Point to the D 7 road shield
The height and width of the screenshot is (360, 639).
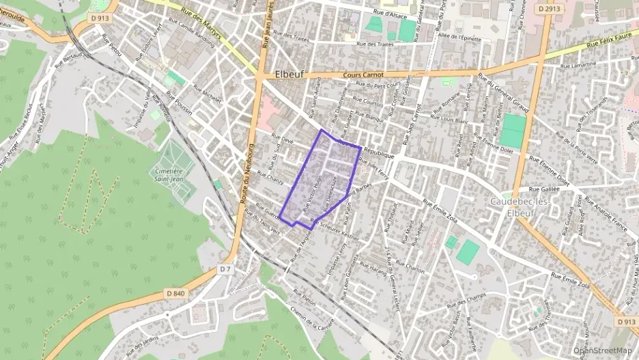[x=225, y=269]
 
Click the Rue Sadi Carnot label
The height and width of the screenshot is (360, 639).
[x=409, y=123]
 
